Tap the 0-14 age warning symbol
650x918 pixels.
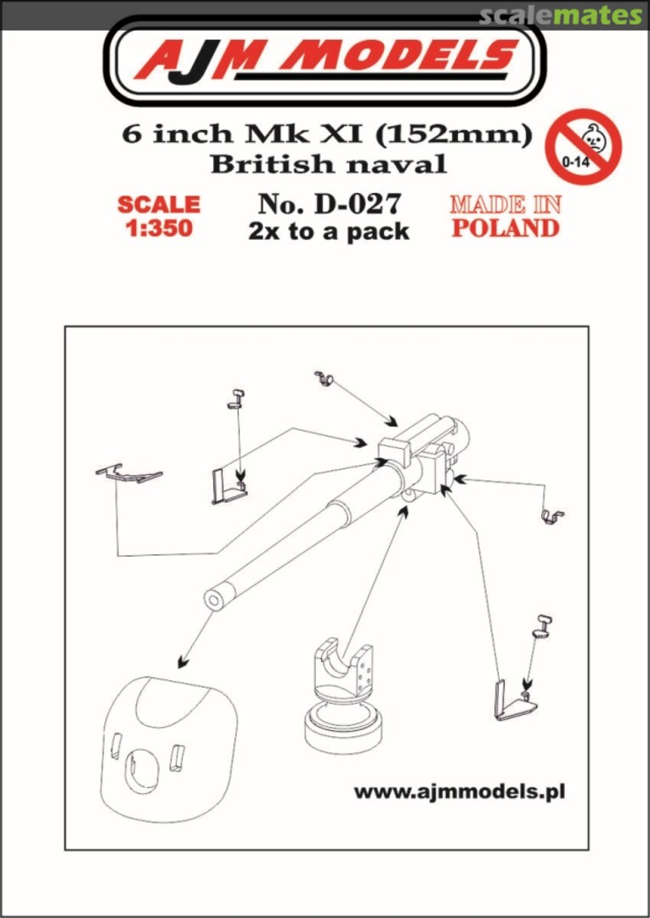point(583,145)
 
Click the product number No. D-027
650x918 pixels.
point(329,204)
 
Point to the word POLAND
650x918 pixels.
point(505,228)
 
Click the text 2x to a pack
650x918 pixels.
point(329,231)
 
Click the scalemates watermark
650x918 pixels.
point(560,14)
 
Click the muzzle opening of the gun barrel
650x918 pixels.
point(215,599)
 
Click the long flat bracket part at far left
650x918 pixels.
point(128,473)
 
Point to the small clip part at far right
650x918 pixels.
point(553,516)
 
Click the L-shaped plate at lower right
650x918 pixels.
point(510,701)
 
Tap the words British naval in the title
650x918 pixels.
point(328,163)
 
